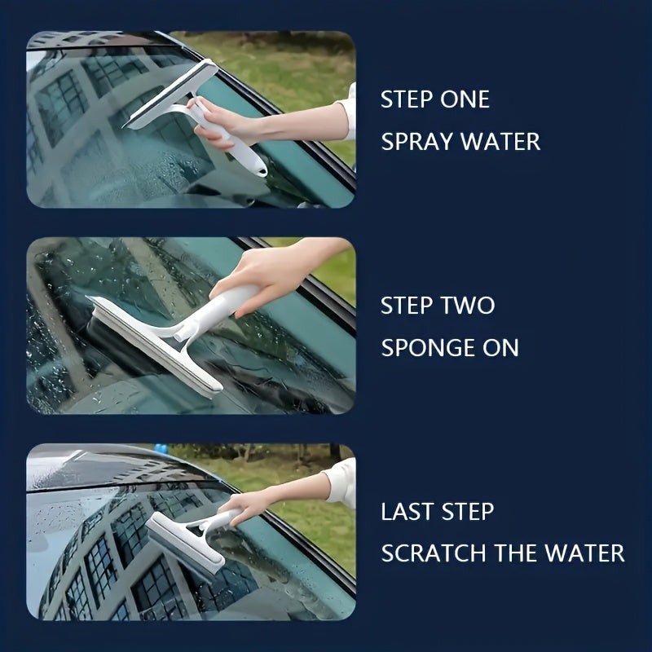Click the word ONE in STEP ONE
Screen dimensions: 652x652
(465, 99)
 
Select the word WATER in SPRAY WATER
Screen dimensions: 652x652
(500, 142)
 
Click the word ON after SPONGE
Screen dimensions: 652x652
(501, 347)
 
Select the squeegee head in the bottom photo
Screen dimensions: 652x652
(185, 542)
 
